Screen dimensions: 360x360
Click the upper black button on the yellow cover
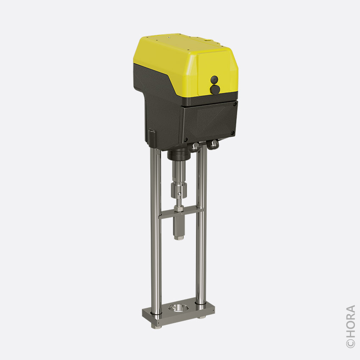pyautogui.click(x=214, y=80)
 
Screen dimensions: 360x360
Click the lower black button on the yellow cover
pyautogui.click(x=215, y=89)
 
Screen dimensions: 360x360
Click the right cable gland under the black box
pyautogui.click(x=212, y=144)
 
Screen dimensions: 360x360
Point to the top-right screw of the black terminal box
pyautogui.click(x=234, y=105)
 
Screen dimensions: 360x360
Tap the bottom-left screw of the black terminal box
pyautogui.click(x=186, y=139)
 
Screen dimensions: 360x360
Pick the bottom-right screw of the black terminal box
pyautogui.click(x=233, y=133)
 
